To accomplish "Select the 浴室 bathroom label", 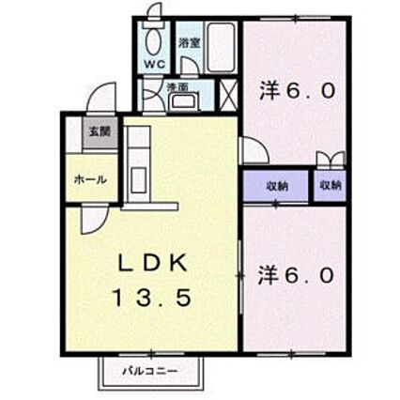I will point(187,42).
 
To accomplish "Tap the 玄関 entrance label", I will point(100,131).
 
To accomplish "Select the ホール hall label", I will point(90,178).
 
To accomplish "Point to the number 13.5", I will point(154,299).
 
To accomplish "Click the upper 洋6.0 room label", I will point(296,91).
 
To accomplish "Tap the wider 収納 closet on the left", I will point(275,186).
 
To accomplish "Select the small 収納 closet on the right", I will point(331,186).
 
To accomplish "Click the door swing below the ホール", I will point(94,220).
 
